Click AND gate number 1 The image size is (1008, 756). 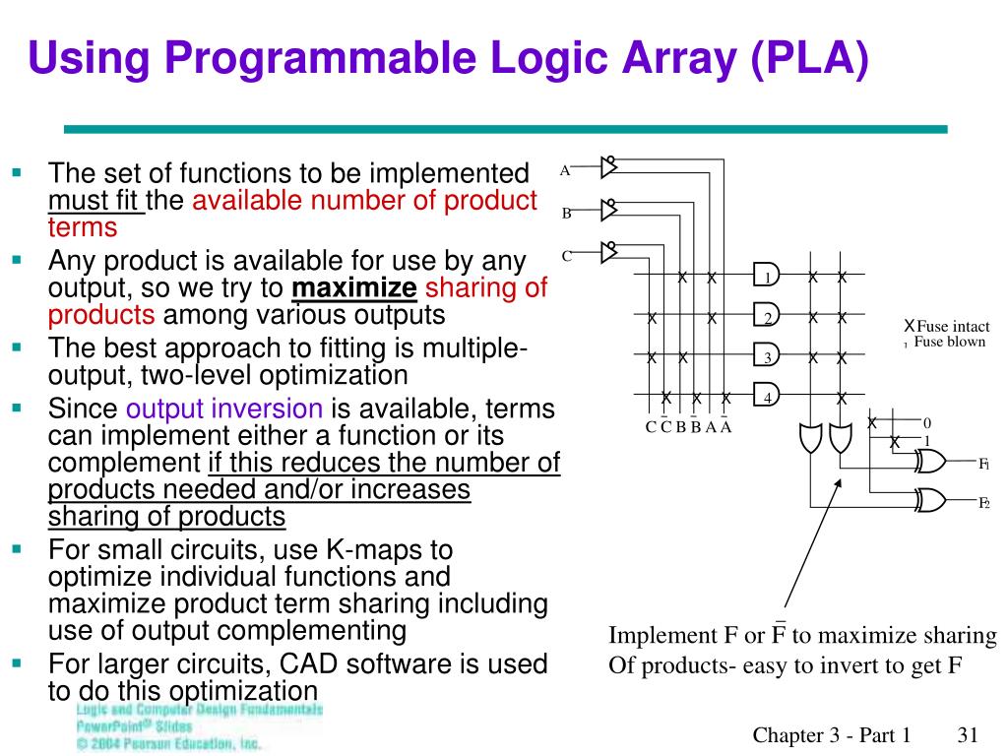tap(766, 278)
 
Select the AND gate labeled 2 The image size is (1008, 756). tap(766, 317)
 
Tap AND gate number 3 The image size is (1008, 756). tap(766, 356)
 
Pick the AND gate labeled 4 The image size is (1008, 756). tap(766, 397)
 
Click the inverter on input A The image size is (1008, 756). tap(608, 168)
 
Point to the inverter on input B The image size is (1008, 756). tap(608, 210)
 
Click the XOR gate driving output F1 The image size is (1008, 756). tap(930, 462)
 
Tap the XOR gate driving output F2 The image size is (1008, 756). tap(930, 502)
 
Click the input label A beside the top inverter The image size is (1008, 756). tap(565, 170)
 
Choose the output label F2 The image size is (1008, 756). tap(982, 503)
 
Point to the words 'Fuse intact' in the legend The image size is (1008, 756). tap(953, 327)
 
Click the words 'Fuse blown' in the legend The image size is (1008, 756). tap(949, 343)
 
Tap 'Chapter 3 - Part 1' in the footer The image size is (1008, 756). tap(832, 734)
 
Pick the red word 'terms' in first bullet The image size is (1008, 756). tap(83, 227)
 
